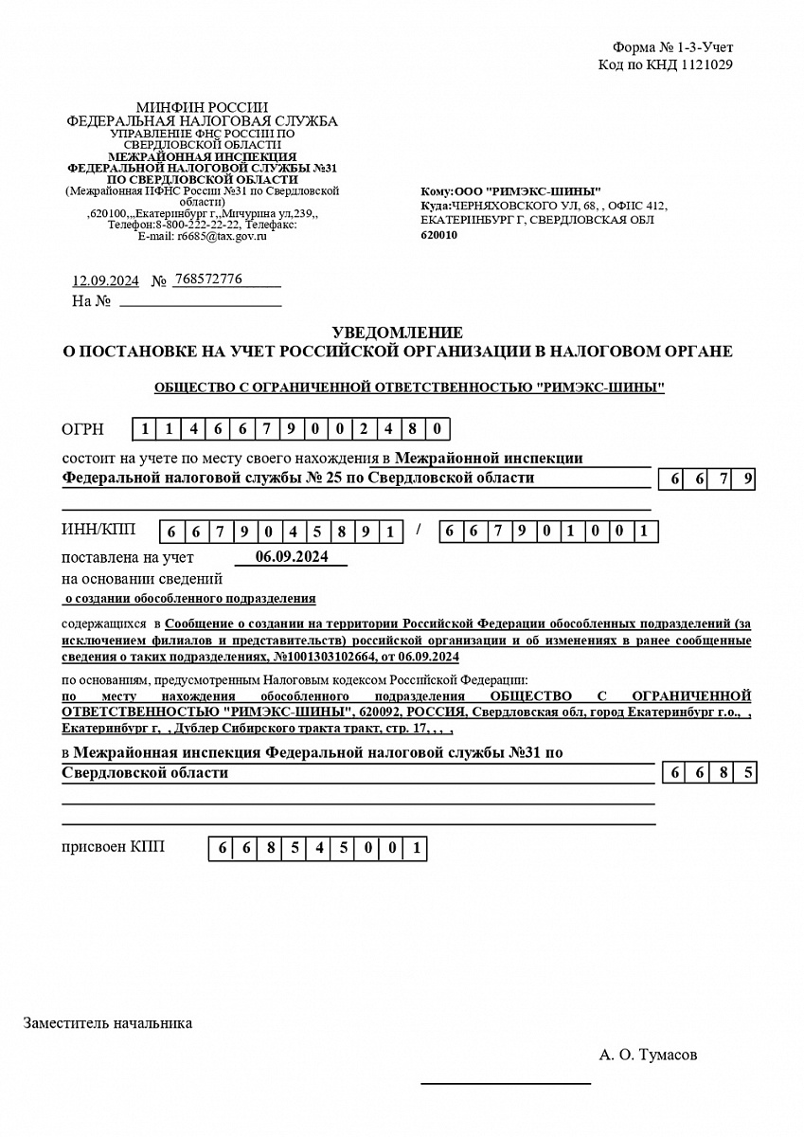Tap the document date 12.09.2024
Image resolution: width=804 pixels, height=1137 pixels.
[x=106, y=280]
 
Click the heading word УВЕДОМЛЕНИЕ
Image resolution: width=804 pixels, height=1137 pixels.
[x=398, y=333]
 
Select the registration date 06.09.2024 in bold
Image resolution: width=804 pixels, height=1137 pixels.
[x=292, y=557]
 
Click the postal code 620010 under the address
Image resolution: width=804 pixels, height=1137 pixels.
[x=438, y=235]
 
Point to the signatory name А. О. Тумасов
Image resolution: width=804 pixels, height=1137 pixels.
[x=649, y=1055]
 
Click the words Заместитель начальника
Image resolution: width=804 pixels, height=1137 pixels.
[x=108, y=1023]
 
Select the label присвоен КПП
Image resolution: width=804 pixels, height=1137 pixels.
[x=113, y=846]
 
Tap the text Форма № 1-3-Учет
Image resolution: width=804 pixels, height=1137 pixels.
[x=672, y=47]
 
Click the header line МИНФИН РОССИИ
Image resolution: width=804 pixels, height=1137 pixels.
[x=202, y=107]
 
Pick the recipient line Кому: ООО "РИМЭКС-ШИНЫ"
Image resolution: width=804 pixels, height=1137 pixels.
[x=510, y=191]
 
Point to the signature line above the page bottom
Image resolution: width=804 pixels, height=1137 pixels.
[x=506, y=1082]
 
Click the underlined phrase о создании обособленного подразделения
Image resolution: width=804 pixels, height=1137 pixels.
[x=189, y=599]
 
